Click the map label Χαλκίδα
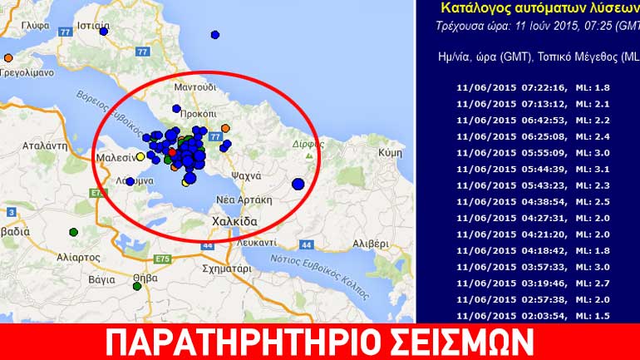[x=234, y=222]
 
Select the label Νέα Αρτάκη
[x=244, y=200]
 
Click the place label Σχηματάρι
[x=226, y=269]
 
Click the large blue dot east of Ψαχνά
[x=298, y=185]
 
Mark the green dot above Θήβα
[x=136, y=287]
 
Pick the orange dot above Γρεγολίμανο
[x=8, y=58]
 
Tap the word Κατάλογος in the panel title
[x=475, y=7]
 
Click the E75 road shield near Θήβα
[x=163, y=259]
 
